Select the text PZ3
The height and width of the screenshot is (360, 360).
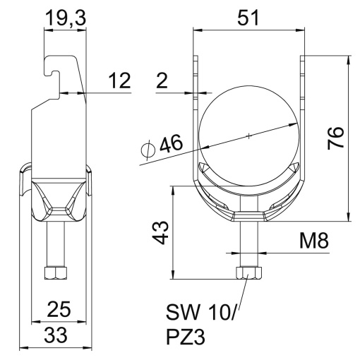coord(185,337)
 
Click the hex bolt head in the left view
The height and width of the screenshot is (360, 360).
coord(55,272)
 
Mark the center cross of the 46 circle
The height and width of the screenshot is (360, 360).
coord(248,135)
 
